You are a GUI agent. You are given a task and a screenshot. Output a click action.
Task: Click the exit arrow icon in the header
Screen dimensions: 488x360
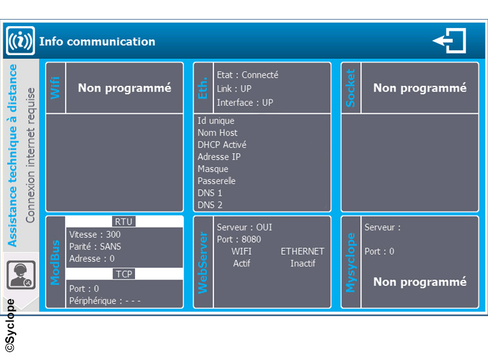[x=449, y=41]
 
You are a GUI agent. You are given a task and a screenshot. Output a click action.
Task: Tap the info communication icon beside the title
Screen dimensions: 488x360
[x=20, y=41]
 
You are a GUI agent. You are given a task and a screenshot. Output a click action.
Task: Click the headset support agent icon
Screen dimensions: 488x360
[x=21, y=275]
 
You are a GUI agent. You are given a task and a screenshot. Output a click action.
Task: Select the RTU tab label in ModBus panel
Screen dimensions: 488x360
[x=124, y=222]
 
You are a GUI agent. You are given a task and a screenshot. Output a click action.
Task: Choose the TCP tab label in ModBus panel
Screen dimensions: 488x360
[x=124, y=274]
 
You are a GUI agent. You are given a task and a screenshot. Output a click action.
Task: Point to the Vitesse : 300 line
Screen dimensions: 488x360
[x=95, y=234]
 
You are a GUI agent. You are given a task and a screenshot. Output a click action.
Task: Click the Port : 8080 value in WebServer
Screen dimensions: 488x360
[x=238, y=240]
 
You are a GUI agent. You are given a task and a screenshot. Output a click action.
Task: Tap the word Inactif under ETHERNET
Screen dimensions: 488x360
[x=303, y=263]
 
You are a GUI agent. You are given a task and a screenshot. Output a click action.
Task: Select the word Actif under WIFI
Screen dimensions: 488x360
[x=242, y=263]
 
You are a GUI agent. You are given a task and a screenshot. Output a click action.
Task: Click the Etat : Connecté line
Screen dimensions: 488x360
[x=248, y=75]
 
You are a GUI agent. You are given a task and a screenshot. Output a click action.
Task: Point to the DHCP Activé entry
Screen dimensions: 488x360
[x=222, y=145]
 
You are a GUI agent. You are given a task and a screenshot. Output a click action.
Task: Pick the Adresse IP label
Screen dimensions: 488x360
[x=219, y=156]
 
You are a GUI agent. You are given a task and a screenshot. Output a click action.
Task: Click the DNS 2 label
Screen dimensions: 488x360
[x=210, y=205]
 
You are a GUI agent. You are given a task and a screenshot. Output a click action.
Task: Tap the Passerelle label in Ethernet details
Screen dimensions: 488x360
[x=216, y=181]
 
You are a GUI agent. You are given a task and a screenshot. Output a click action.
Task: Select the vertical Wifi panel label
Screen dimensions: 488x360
[x=55, y=88]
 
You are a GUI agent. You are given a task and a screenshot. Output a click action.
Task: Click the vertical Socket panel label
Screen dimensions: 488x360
[x=350, y=88]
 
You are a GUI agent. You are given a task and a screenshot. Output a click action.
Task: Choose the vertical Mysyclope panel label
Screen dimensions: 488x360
[x=350, y=262]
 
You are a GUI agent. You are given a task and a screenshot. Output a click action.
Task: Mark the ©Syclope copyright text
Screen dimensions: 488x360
[x=10, y=325]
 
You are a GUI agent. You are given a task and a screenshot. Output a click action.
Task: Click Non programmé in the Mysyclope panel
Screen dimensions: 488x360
[x=420, y=282]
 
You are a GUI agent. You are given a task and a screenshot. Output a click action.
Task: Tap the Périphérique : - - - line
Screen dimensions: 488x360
[x=105, y=301]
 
